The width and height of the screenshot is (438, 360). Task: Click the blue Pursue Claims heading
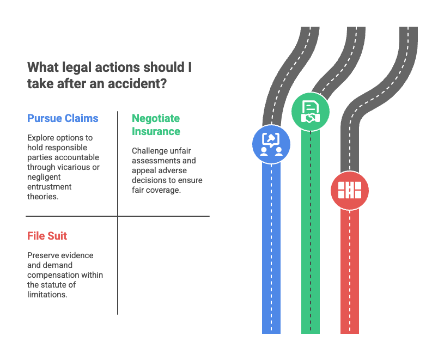pos(63,118)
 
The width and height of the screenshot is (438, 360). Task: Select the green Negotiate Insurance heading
pos(156,125)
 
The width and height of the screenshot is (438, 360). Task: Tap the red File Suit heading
pos(47,236)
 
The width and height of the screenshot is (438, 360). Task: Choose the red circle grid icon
pos(349,190)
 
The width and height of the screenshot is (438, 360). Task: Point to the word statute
pos(61,285)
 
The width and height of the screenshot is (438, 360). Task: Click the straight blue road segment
pos(271,245)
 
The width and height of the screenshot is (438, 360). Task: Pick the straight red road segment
pos(349,272)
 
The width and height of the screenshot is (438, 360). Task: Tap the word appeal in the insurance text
pos(144,170)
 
